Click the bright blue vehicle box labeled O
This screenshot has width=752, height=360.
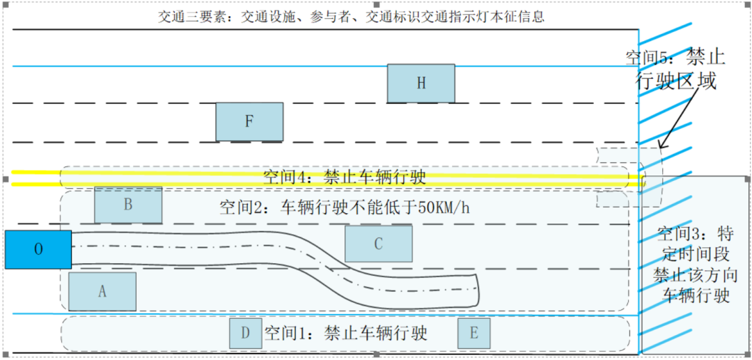tap(38, 249)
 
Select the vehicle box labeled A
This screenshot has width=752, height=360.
tap(102, 292)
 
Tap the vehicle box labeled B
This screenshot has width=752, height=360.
tap(128, 205)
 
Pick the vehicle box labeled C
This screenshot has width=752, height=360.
tap(378, 244)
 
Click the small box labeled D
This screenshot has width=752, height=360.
tap(246, 333)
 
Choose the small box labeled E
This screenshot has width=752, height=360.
tap(474, 333)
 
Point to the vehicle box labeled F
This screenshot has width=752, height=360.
tap(249, 122)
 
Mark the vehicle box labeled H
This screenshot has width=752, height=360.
tap(421, 84)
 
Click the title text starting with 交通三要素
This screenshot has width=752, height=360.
tap(352, 17)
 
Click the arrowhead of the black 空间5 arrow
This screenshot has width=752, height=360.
tap(660, 147)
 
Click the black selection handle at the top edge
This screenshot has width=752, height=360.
tap(376, 4)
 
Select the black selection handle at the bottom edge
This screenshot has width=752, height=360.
tap(376, 354)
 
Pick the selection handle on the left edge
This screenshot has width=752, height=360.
tap(6, 179)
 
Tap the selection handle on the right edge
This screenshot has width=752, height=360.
tap(746, 179)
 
